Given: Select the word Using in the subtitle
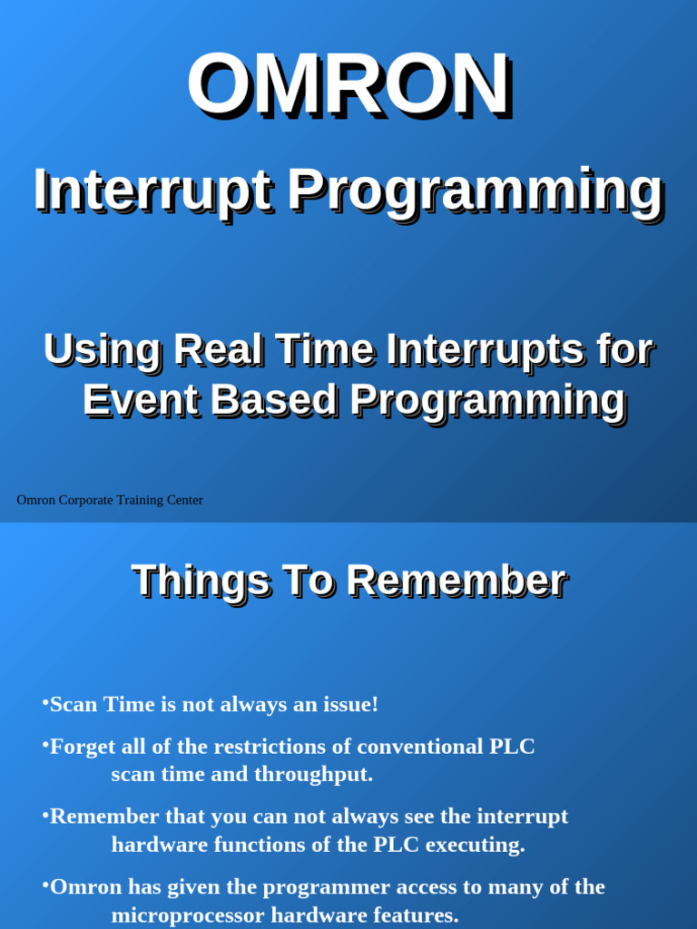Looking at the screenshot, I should pyautogui.click(x=101, y=350).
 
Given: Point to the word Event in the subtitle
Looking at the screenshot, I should pyautogui.click(x=139, y=400).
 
